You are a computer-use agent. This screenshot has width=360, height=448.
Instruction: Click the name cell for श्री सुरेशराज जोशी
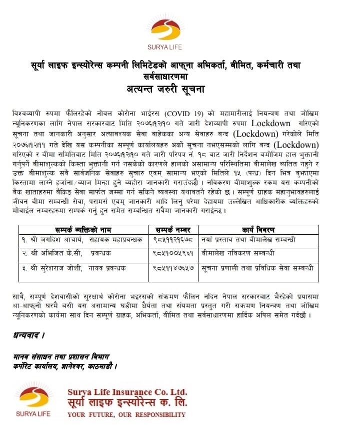(x=74, y=268)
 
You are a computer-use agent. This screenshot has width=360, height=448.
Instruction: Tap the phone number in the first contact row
(x=173, y=241)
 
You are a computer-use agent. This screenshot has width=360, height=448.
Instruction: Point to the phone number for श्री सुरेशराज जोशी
(x=173, y=268)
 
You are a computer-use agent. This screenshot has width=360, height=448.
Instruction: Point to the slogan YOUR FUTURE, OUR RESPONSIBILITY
(x=126, y=415)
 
